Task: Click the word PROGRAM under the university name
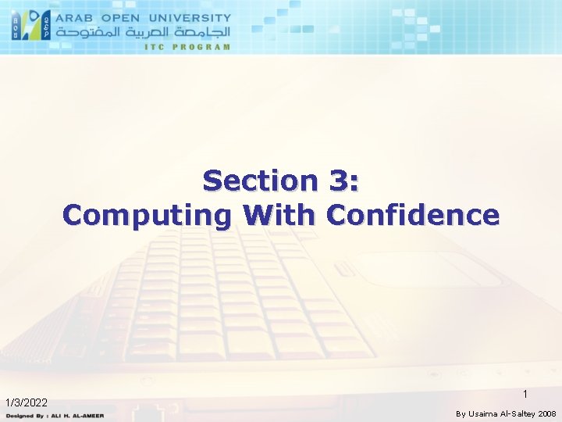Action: pyautogui.click(x=203, y=46)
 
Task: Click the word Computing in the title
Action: pyautogui.click(x=148, y=214)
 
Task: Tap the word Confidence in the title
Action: pyautogui.click(x=414, y=214)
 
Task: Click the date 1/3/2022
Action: pyautogui.click(x=27, y=402)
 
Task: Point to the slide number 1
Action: pyautogui.click(x=525, y=394)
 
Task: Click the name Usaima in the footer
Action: pyautogui.click(x=485, y=413)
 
